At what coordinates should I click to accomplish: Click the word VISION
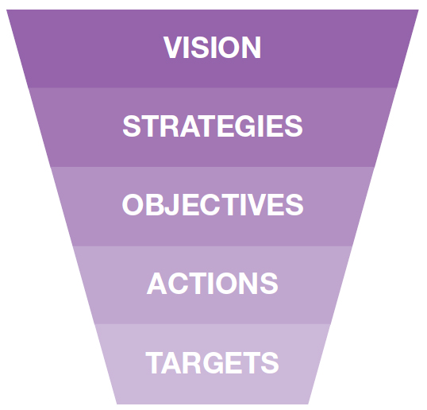point(212,48)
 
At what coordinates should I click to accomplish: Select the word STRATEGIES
point(213,126)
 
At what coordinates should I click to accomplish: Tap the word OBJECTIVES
point(213,205)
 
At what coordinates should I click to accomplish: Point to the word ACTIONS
point(213,284)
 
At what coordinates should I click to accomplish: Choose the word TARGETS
point(212,362)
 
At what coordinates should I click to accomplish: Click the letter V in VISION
point(172,48)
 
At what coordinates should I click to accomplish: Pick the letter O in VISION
point(229,48)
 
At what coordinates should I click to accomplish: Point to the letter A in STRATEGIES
point(190,126)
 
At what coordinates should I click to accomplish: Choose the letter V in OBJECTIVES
point(255,205)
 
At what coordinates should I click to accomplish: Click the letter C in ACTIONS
point(179,284)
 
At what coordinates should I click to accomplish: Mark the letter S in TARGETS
point(270,362)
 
